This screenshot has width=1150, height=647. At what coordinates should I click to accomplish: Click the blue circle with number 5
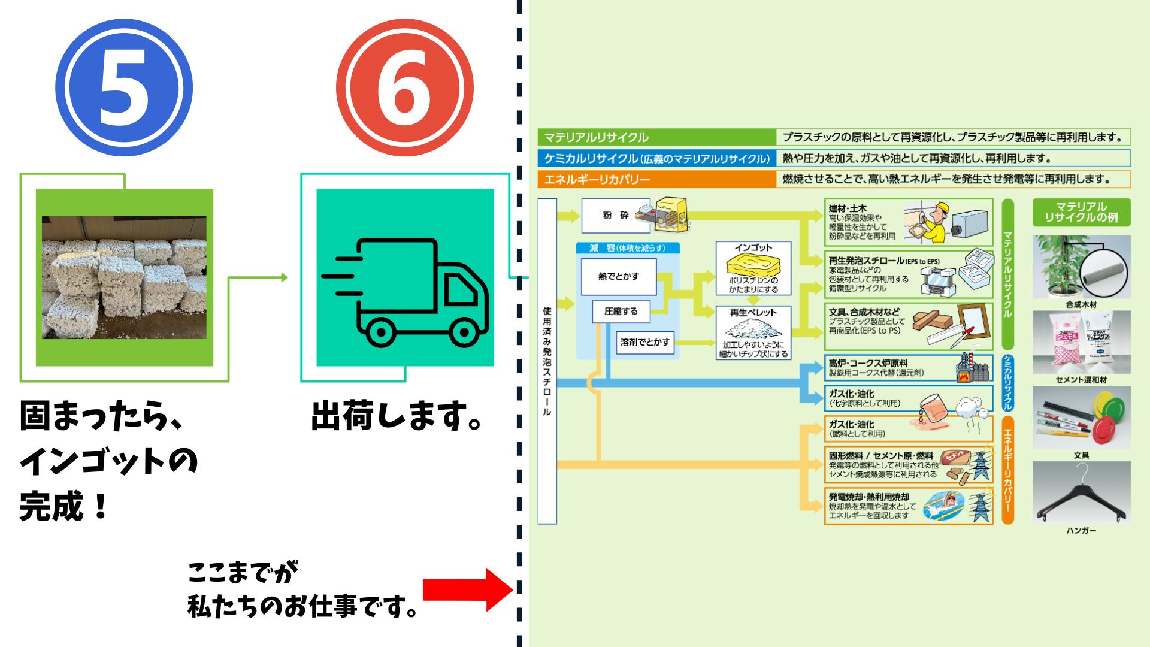[124, 87]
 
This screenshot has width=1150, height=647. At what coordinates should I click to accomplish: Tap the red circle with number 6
[405, 87]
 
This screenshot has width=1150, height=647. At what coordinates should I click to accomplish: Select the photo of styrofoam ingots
[124, 277]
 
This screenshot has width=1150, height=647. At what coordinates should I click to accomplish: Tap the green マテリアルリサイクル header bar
[656, 137]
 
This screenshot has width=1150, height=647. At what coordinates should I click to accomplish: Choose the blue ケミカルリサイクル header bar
[656, 158]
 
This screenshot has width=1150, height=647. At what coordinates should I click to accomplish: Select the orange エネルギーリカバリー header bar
[656, 179]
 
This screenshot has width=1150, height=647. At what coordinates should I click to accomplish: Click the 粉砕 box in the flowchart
[616, 216]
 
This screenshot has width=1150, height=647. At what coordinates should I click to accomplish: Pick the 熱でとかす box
[619, 277]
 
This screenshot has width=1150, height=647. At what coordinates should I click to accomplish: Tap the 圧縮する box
[621, 312]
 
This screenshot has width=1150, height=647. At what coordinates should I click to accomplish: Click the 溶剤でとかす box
[645, 342]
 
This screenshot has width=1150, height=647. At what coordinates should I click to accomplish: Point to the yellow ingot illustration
[753, 265]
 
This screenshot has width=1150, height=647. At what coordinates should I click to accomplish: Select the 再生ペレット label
[753, 313]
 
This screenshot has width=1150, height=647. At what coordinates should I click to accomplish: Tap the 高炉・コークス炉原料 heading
[868, 364]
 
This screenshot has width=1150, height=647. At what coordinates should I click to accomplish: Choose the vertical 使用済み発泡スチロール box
[547, 361]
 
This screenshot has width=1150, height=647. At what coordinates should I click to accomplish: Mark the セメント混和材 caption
[1081, 380]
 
